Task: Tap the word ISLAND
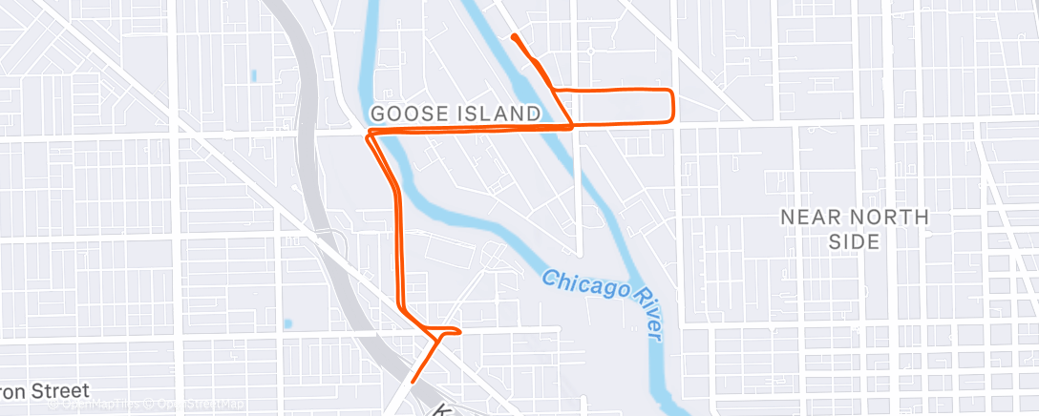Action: pos(497,114)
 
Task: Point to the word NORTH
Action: pos(890,218)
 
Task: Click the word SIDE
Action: pos(854,241)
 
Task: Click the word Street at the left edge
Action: pos(57,391)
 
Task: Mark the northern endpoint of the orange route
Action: pos(514,36)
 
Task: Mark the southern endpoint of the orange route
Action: pos(413,383)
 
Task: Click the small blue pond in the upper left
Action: pos(253,74)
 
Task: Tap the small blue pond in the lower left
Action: pos(287,323)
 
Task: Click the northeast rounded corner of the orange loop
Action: pos(671,92)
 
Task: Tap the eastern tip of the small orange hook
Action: pos(460,332)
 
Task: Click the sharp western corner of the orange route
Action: pos(368,135)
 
